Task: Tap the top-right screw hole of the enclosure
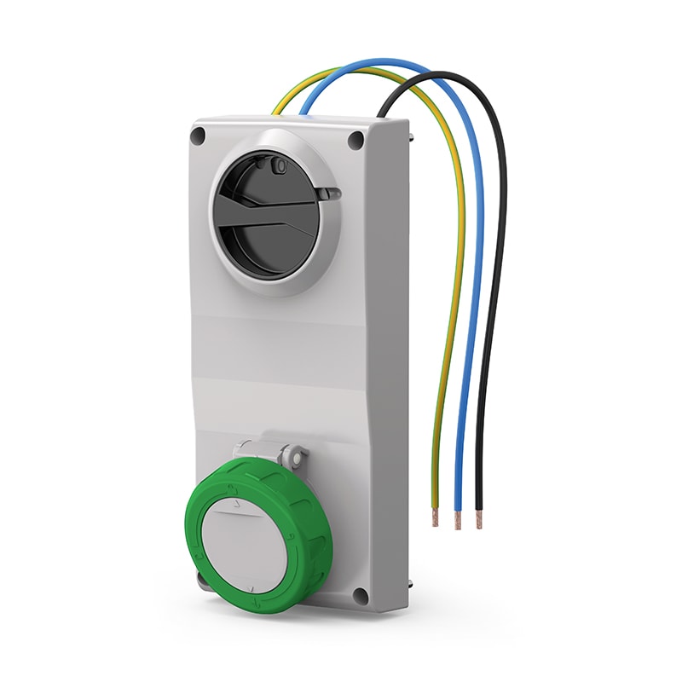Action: pyautogui.click(x=356, y=140)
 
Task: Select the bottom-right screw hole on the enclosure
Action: pyautogui.click(x=361, y=595)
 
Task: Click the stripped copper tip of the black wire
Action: pyautogui.click(x=478, y=521)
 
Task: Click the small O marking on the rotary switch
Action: pyautogui.click(x=279, y=169)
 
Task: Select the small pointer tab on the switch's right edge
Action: pyautogui.click(x=333, y=194)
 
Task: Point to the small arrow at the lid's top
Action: pyautogui.click(x=237, y=506)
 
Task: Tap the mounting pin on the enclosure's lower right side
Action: pyautogui.click(x=410, y=585)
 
